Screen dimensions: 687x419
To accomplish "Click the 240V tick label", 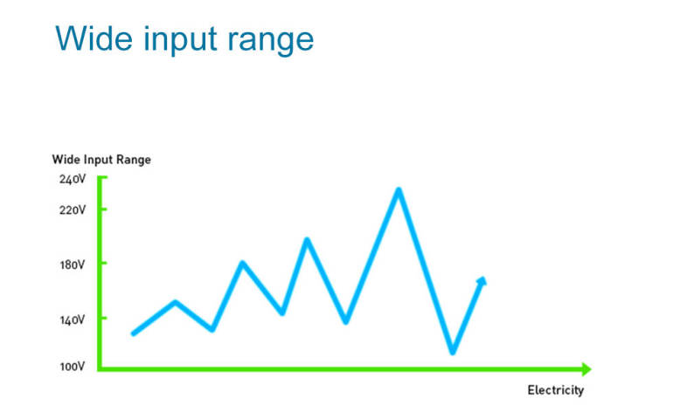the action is [x=73, y=179].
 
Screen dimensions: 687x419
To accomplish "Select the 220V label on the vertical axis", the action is [x=73, y=210].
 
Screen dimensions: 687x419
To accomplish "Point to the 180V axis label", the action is [x=73, y=264].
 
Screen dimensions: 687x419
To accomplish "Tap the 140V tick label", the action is [x=73, y=319].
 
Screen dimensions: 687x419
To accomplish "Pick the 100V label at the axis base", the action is [x=73, y=366].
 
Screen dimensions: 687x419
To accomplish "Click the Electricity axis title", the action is [x=556, y=390].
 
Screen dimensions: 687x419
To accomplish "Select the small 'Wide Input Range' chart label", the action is [x=101, y=160].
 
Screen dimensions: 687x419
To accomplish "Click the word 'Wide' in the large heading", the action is [x=94, y=38].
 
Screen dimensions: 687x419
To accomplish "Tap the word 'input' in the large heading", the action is [x=180, y=40].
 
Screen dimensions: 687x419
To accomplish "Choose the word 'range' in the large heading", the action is [x=270, y=43].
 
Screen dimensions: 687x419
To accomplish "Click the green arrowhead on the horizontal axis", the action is [x=586, y=369].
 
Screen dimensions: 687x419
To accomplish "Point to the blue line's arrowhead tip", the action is [x=483, y=278].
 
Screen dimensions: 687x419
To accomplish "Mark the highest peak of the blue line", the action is [x=399, y=189].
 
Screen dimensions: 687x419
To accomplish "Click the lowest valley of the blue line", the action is [x=453, y=352].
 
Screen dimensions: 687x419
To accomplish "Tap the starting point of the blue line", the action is [x=133, y=333].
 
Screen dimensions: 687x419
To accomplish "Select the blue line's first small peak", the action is [x=176, y=302].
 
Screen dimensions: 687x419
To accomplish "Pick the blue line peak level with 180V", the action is [x=242, y=263].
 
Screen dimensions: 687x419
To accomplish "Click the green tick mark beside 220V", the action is [x=103, y=209].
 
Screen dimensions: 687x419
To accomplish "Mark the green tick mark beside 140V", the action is [x=103, y=318].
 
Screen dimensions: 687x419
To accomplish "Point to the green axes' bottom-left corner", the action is [x=100, y=369].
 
